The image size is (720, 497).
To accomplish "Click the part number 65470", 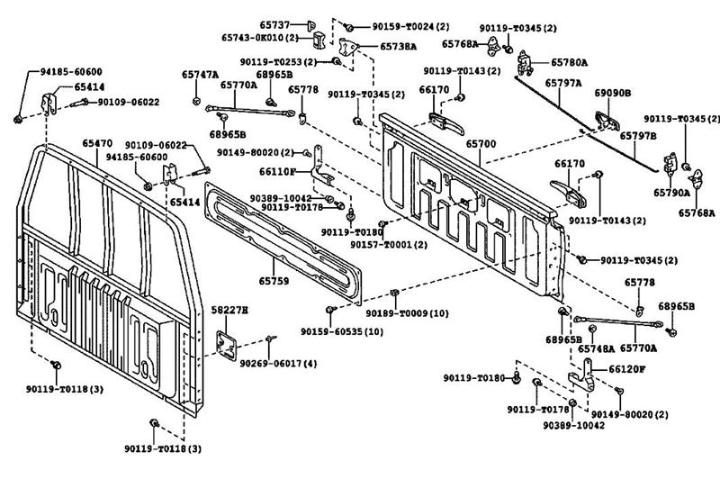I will point(98,143).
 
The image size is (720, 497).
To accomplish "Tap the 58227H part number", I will point(229,311).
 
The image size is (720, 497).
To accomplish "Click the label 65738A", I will point(397,46).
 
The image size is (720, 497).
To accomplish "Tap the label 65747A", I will point(201,76).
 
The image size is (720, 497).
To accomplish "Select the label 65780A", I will point(569,62).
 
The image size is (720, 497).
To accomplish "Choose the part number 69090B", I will point(613,93).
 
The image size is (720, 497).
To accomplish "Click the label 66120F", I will point(626,368).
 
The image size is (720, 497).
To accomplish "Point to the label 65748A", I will point(596,348).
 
